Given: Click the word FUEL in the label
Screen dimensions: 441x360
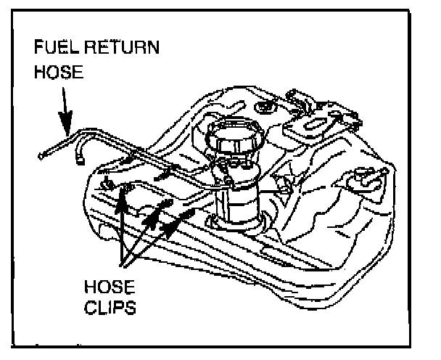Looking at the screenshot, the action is coord(53,49).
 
